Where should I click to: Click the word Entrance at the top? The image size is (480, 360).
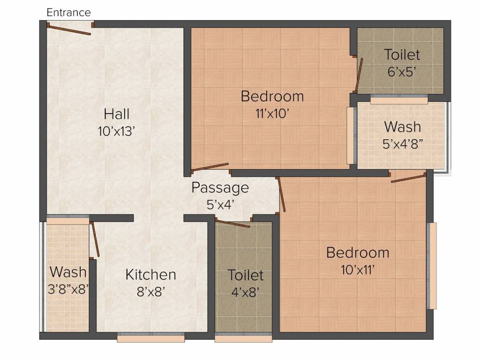point(68,13)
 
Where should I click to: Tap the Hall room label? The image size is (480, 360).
point(117,114)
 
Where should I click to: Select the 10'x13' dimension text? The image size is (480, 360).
point(117,131)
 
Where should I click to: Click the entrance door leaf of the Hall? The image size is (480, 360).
point(70,30)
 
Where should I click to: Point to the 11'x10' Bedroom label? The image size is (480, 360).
point(272,97)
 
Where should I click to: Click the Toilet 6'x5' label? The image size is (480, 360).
point(402,55)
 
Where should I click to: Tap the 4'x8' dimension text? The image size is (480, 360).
point(245,292)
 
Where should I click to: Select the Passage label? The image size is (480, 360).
point(220,188)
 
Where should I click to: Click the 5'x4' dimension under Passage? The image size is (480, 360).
point(220,204)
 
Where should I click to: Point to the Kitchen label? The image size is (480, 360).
point(150,275)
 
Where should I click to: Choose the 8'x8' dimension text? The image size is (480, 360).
point(150,292)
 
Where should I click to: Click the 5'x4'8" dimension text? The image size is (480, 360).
point(402,143)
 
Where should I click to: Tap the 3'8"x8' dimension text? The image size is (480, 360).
point(68,289)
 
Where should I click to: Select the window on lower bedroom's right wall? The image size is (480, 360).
point(433,265)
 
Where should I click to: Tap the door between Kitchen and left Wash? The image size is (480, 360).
point(95,240)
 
